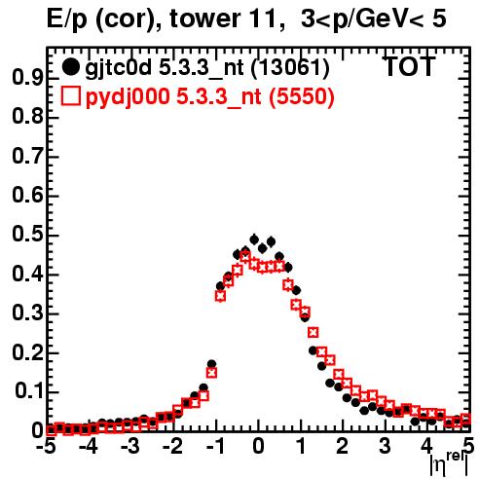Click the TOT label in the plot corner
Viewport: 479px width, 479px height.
coord(409,66)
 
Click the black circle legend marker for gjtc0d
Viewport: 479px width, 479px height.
coord(70,66)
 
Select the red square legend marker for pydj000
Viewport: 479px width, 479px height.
coord(70,96)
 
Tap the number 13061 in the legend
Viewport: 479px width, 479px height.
coord(290,67)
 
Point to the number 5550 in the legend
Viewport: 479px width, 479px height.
coord(302,96)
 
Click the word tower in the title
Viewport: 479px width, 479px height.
coord(204,18)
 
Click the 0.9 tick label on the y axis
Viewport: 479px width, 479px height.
coord(27,78)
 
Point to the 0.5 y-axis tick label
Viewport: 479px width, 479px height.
coord(27,235)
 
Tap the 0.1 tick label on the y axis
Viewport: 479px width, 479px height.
coord(29,391)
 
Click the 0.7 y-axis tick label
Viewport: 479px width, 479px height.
coord(27,157)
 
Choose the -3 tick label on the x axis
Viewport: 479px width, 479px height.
coord(130,446)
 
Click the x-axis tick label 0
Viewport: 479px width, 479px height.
coord(258,446)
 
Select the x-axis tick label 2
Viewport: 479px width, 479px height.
coord(343,446)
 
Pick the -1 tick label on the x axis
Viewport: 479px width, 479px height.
coord(215,446)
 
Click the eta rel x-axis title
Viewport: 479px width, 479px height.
coord(449,464)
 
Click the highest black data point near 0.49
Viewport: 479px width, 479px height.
coord(254,239)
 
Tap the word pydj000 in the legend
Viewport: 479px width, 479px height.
coord(128,97)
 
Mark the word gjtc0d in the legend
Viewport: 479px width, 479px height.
coord(118,68)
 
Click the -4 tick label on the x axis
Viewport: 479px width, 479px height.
coord(89,446)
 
